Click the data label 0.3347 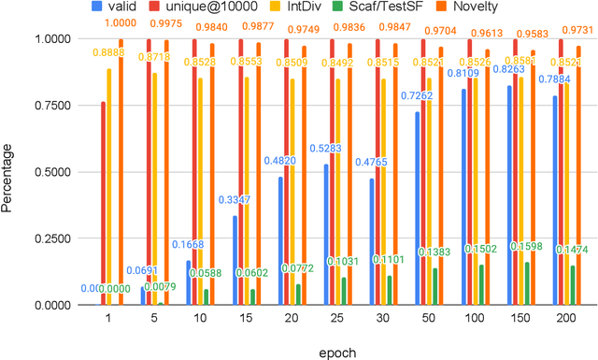[x=235, y=200]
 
